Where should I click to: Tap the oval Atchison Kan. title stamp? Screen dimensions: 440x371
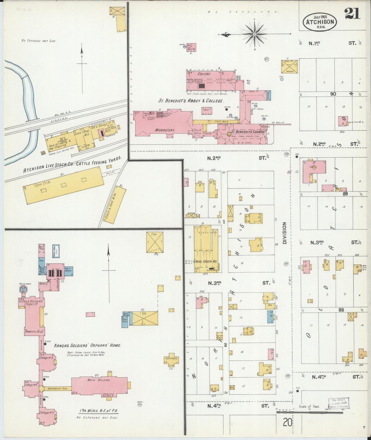pos(320,22)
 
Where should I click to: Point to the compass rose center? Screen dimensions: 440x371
pos(254,34)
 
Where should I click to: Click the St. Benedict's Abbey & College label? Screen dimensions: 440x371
pos(190,101)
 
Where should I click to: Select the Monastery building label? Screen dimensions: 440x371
pos(165,130)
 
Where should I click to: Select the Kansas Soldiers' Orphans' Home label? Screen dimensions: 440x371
pos(88,346)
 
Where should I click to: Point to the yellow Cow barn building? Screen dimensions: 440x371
pos(155,242)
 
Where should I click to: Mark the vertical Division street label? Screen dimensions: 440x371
pos(284,233)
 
